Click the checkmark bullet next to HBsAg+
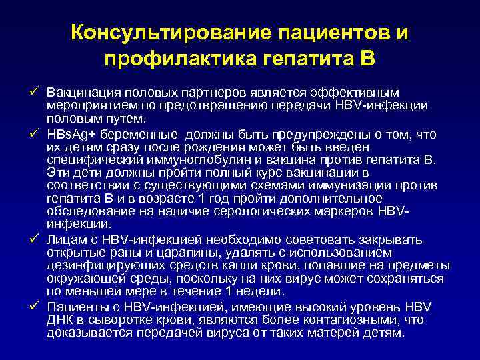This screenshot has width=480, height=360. (x=35, y=134)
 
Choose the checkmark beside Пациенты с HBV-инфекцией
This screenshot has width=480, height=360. (x=35, y=306)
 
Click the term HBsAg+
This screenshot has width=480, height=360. (x=70, y=135)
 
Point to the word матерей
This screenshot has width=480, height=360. (x=339, y=332)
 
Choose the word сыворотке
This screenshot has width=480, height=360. (x=115, y=319)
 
